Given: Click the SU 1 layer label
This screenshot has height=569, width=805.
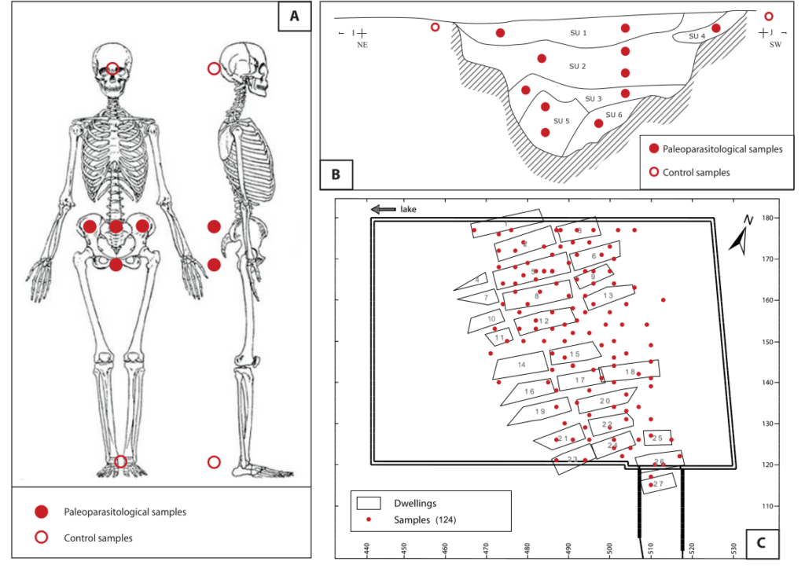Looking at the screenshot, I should click(578, 33).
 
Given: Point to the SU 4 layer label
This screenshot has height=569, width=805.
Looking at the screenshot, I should click(697, 36).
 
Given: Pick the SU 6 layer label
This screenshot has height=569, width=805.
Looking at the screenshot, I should click(614, 115).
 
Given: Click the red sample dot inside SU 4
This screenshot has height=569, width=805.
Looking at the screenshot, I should click(715, 28).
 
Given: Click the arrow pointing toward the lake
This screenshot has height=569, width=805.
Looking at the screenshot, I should click(383, 209).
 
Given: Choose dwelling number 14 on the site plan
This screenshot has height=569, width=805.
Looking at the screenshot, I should click(520, 365).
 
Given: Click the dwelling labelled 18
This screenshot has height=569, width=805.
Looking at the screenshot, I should click(630, 372).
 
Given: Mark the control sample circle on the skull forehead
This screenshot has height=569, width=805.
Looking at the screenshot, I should click(112, 68).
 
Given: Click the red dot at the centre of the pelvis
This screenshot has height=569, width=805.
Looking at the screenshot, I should click(116, 226).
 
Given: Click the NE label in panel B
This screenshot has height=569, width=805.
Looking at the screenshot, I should click(362, 45).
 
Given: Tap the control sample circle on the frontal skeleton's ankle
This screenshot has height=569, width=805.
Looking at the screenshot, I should click(120, 461).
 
